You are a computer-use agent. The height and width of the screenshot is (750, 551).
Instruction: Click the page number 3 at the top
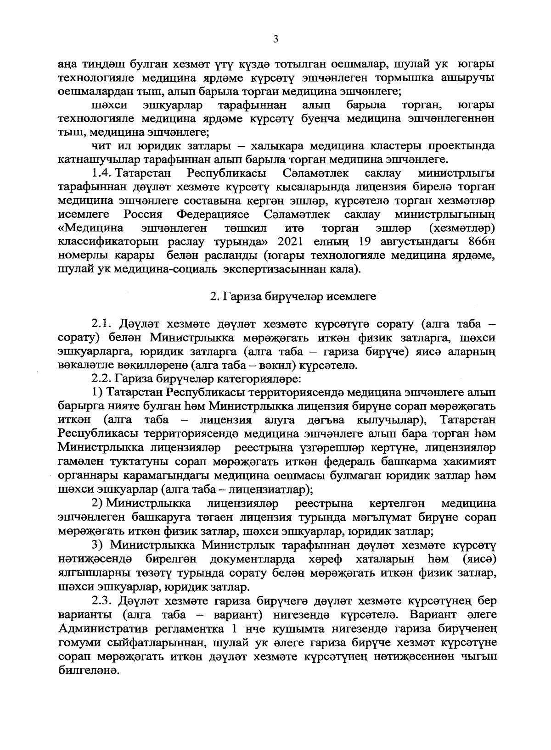[275, 39]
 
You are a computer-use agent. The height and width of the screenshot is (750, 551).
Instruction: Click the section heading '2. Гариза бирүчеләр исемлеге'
[293, 297]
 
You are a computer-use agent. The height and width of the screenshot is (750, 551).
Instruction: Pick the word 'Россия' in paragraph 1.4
[143, 214]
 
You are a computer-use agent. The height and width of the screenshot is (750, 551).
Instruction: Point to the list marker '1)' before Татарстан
[96, 393]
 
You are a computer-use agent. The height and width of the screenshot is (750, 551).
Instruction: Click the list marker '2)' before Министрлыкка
[96, 504]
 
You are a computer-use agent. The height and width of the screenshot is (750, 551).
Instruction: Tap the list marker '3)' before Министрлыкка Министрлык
[96, 545]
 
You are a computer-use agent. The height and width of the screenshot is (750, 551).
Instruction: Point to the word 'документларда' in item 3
[252, 559]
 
